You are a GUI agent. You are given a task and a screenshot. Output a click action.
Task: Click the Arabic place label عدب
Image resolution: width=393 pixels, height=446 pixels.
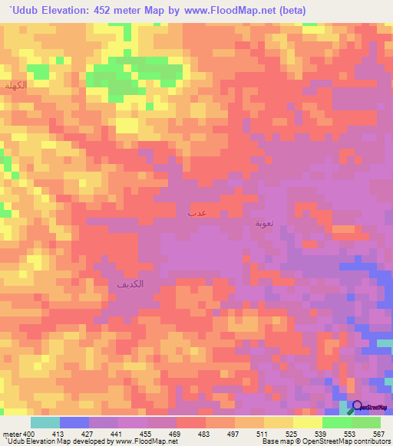[196, 210]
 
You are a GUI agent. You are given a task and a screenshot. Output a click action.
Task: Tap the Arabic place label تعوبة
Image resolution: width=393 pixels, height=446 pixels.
[263, 224]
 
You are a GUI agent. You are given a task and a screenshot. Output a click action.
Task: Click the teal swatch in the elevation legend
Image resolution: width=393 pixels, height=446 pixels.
[45, 422]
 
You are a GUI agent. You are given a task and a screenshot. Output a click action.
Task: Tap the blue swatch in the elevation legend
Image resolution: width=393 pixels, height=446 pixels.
[74, 422]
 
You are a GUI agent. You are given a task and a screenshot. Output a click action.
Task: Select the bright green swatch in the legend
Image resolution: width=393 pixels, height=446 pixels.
[337, 422]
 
